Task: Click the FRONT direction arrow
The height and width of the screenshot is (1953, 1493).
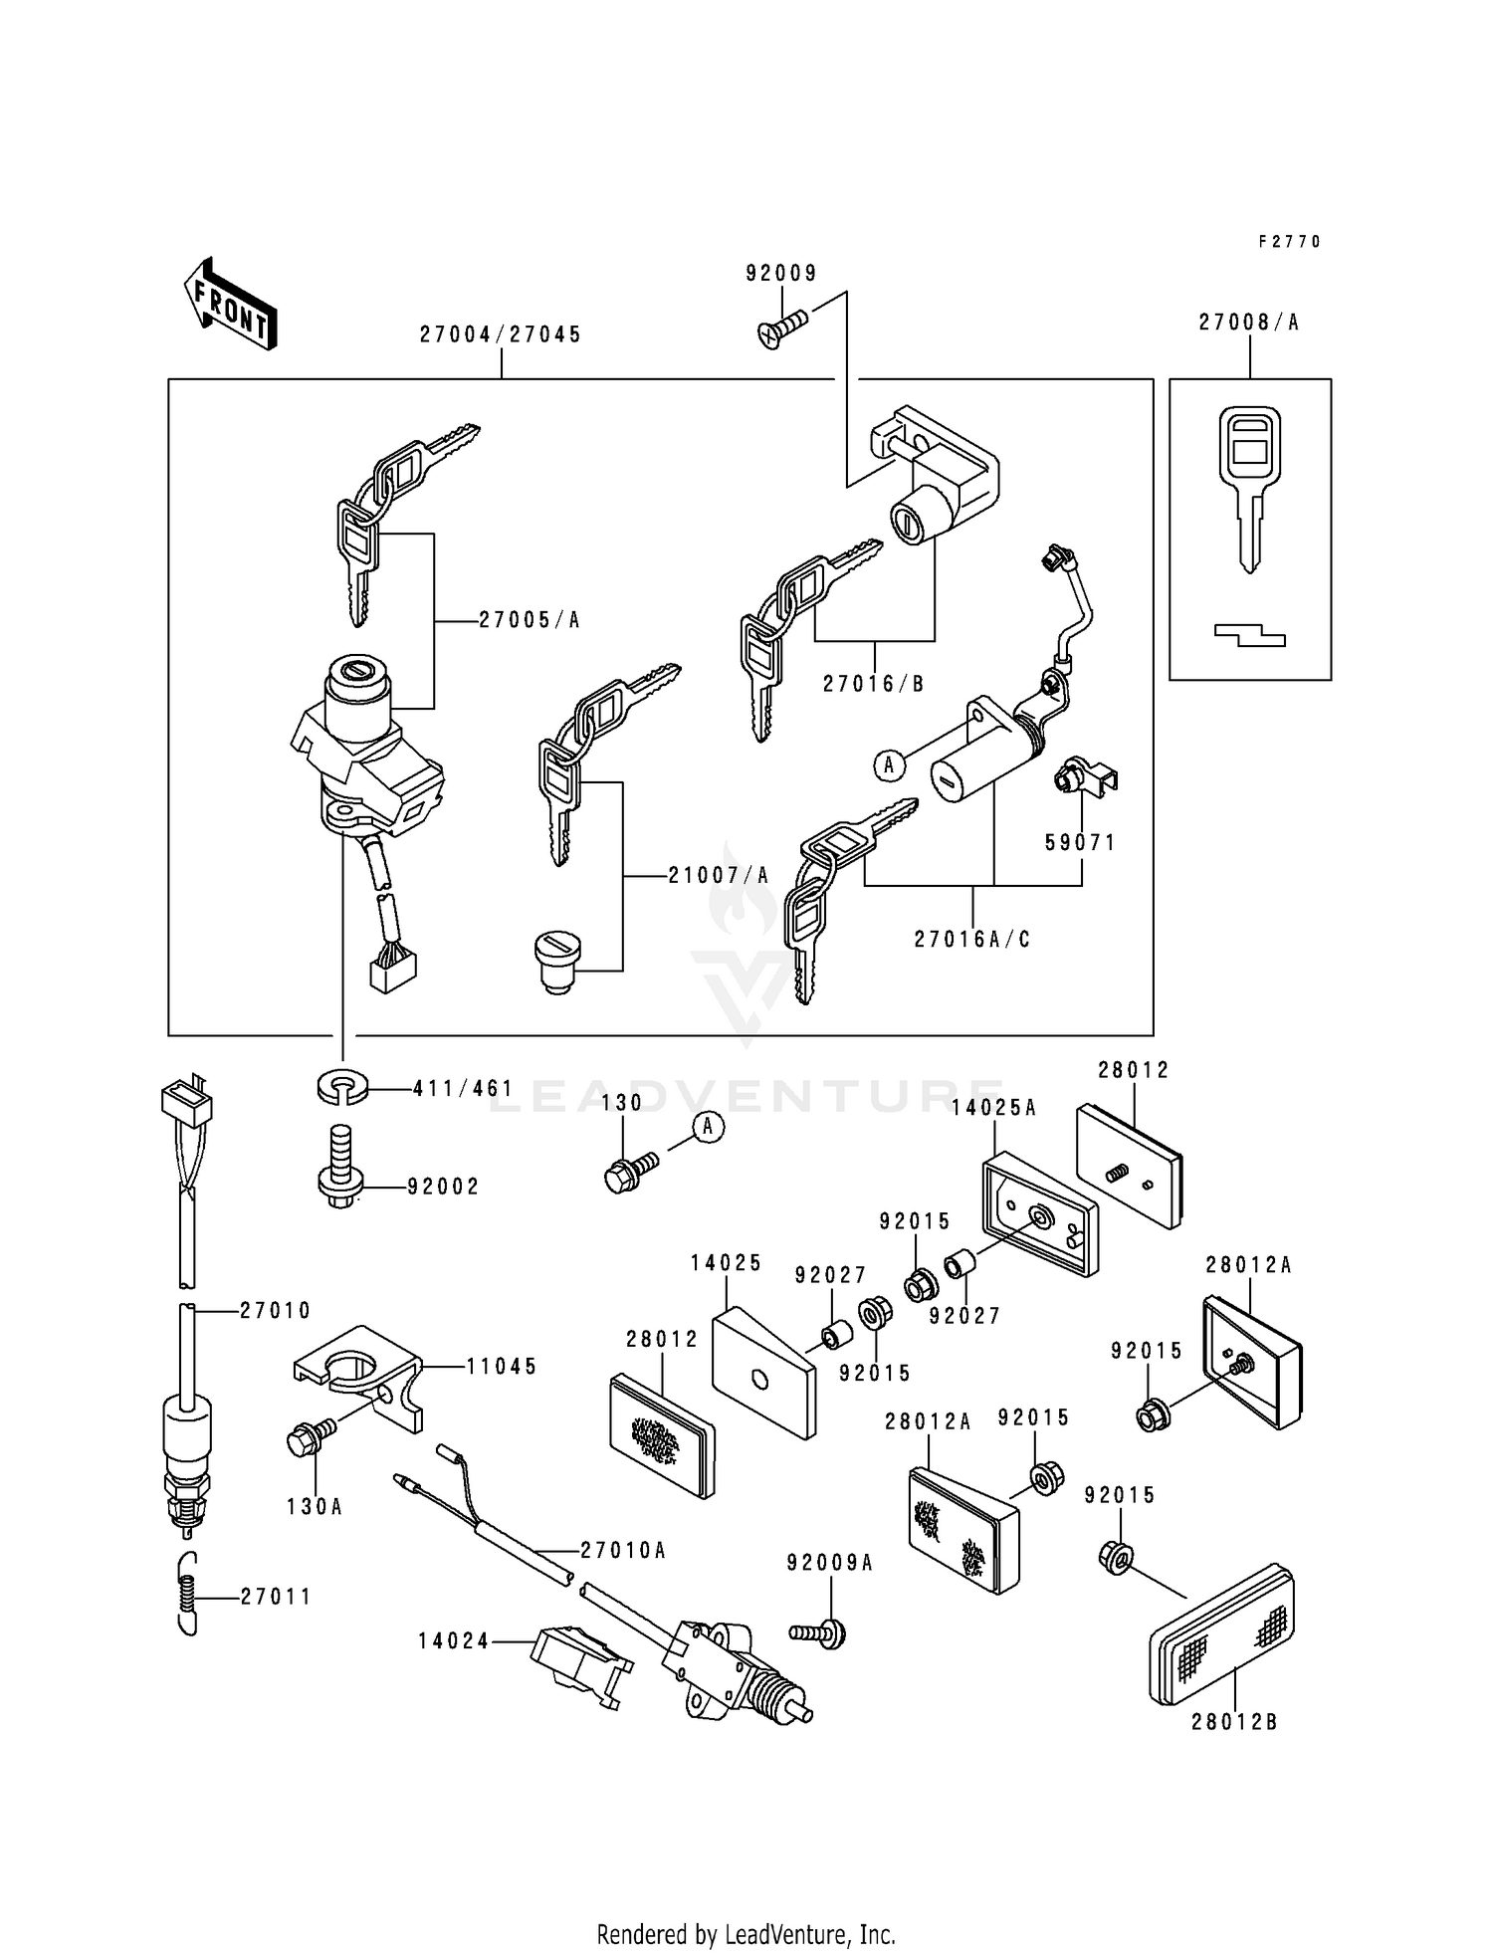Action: pos(229,303)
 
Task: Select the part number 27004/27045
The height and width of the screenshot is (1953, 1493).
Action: pos(500,335)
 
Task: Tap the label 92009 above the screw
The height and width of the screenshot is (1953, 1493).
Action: pos(781,274)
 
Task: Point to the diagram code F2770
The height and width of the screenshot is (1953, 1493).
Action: pos(1289,242)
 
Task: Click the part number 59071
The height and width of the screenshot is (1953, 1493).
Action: pos(1080,843)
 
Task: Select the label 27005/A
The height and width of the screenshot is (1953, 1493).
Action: pos(529,620)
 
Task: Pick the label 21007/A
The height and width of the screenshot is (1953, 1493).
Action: pos(719,876)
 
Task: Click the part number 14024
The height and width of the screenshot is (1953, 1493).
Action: pos(453,1641)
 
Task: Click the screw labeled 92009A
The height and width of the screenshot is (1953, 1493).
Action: pos(818,1632)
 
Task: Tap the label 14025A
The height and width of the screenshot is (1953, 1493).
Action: pos(993,1109)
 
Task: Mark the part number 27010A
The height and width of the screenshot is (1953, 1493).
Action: pos(623,1551)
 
